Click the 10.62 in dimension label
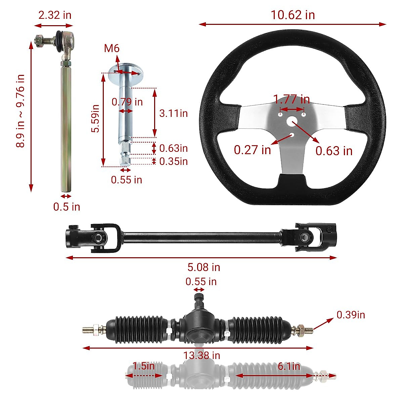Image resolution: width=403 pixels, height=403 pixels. click(x=293, y=15)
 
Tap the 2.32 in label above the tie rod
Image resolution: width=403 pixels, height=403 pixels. click(x=54, y=15)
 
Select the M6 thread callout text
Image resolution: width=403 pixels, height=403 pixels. click(x=111, y=48)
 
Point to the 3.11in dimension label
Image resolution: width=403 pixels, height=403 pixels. click(x=173, y=113)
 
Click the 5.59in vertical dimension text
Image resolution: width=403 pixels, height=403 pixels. click(x=96, y=118)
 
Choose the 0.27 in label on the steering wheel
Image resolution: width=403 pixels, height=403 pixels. click(x=252, y=150)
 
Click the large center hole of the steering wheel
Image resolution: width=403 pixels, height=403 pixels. click(x=292, y=121)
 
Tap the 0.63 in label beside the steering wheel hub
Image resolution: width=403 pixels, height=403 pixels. click(x=334, y=151)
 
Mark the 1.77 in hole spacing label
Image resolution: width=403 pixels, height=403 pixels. click(x=291, y=99)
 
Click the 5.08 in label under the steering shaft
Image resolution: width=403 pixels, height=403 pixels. click(x=204, y=267)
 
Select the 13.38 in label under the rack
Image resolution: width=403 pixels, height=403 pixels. click(x=201, y=355)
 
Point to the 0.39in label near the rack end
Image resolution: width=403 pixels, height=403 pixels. click(x=351, y=315)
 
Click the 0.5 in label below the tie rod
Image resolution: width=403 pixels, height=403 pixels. click(x=66, y=207)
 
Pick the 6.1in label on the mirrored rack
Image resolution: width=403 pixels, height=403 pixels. click(x=288, y=366)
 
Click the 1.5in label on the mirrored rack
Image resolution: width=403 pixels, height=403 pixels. click(x=143, y=366)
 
